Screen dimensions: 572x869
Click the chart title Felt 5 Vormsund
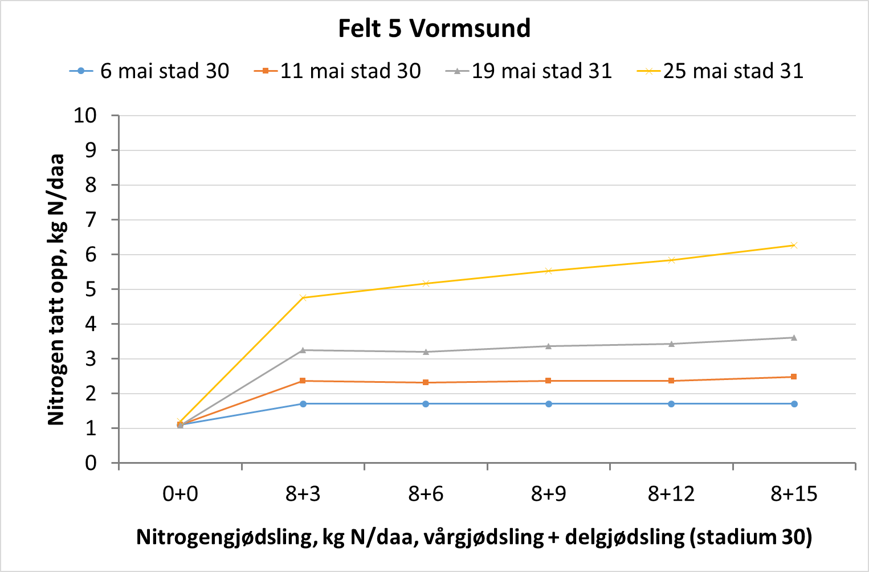click(434, 28)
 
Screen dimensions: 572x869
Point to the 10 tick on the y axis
click(85, 116)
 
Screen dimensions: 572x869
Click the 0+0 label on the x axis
click(180, 494)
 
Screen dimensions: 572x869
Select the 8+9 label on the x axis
click(548, 494)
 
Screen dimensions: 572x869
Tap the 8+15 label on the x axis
click(794, 494)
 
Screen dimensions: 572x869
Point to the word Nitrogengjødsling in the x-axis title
click(226, 537)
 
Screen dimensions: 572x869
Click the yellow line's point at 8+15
click(794, 246)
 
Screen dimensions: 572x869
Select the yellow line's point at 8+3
click(303, 297)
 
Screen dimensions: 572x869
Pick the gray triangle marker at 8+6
click(426, 352)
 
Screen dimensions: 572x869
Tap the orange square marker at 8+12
click(671, 381)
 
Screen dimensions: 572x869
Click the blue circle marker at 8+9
click(549, 404)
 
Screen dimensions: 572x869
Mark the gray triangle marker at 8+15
click(794, 337)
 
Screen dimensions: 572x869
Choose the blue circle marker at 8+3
click(303, 404)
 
